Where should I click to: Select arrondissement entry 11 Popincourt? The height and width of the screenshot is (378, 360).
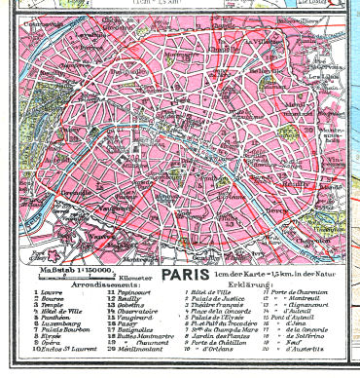pyautogui.click(x=126, y=290)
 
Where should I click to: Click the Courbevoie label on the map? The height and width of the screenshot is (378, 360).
pyautogui.click(x=34, y=21)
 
